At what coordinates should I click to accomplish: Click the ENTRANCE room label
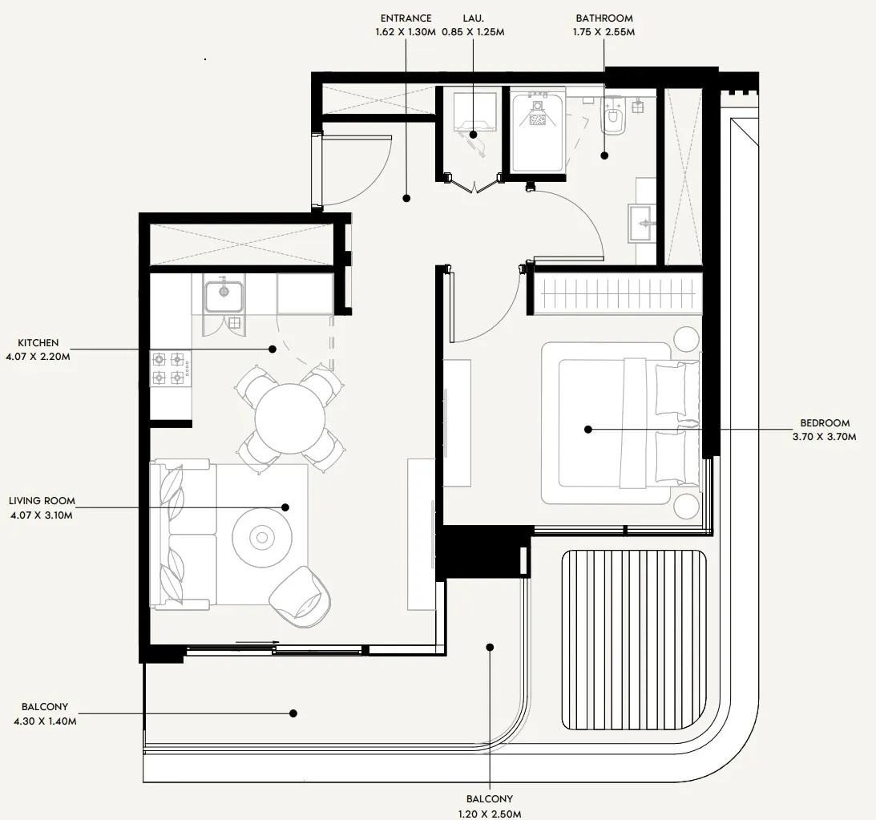tap(406, 18)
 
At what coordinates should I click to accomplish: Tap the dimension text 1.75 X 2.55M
tap(604, 32)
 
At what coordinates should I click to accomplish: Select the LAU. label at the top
tap(472, 18)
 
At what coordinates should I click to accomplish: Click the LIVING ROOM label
tap(42, 501)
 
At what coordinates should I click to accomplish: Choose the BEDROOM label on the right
tap(825, 423)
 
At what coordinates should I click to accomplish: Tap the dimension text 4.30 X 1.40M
tap(45, 721)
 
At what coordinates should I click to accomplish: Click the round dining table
tap(290, 418)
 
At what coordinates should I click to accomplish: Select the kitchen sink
tap(224, 296)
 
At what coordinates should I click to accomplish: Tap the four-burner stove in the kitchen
tap(168, 369)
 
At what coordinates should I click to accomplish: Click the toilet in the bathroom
tap(614, 117)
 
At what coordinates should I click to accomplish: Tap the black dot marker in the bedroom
tap(587, 430)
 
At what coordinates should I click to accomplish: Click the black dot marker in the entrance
tap(406, 197)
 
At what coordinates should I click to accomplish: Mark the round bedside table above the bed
tap(686, 338)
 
